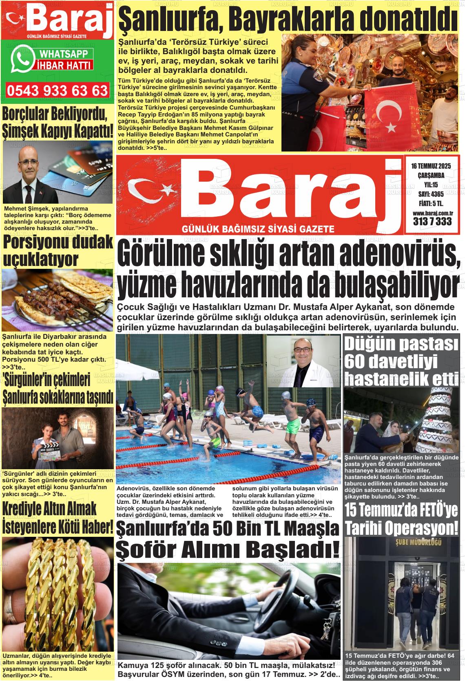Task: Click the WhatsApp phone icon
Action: point(22,59)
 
